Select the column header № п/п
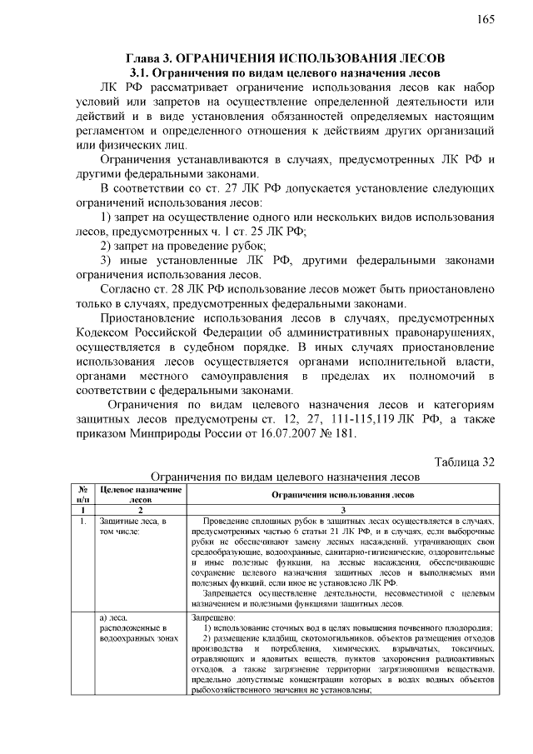click(82, 495)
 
